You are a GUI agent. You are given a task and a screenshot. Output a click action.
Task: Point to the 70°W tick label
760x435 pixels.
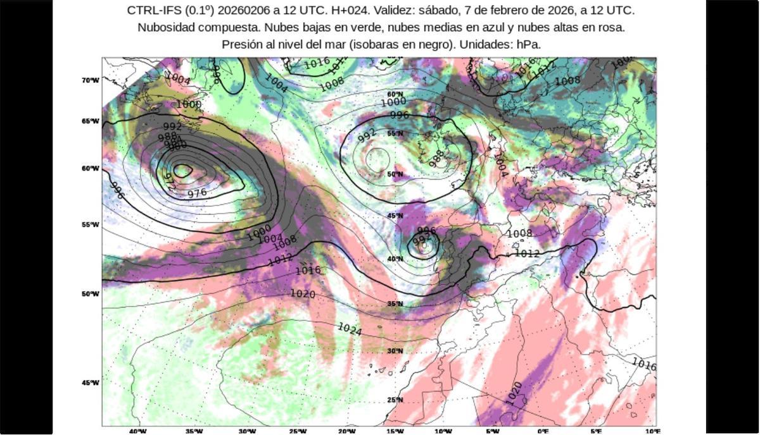pyautogui.click(x=90, y=80)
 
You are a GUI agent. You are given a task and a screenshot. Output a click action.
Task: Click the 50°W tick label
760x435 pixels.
pyautogui.click(x=90, y=294)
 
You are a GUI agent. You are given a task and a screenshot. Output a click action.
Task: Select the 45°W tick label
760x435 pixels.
pyautogui.click(x=90, y=383)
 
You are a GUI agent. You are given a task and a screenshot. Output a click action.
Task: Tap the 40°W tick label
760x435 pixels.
pyautogui.click(x=138, y=431)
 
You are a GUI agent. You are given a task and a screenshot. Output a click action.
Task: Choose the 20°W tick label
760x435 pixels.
pyautogui.click(x=346, y=431)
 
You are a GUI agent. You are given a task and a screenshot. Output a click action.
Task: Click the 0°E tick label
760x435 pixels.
pyautogui.click(x=543, y=431)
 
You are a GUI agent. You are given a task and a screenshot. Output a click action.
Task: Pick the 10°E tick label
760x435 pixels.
pyautogui.click(x=653, y=431)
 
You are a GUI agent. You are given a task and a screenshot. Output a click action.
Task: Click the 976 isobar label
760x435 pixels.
pyautogui.click(x=198, y=193)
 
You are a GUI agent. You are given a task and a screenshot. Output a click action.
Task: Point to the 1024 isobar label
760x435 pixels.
pyautogui.click(x=350, y=329)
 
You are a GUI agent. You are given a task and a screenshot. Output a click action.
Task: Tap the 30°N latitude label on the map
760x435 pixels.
pyautogui.click(x=395, y=351)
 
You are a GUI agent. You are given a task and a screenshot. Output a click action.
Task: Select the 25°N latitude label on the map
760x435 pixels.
pyautogui.click(x=395, y=400)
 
